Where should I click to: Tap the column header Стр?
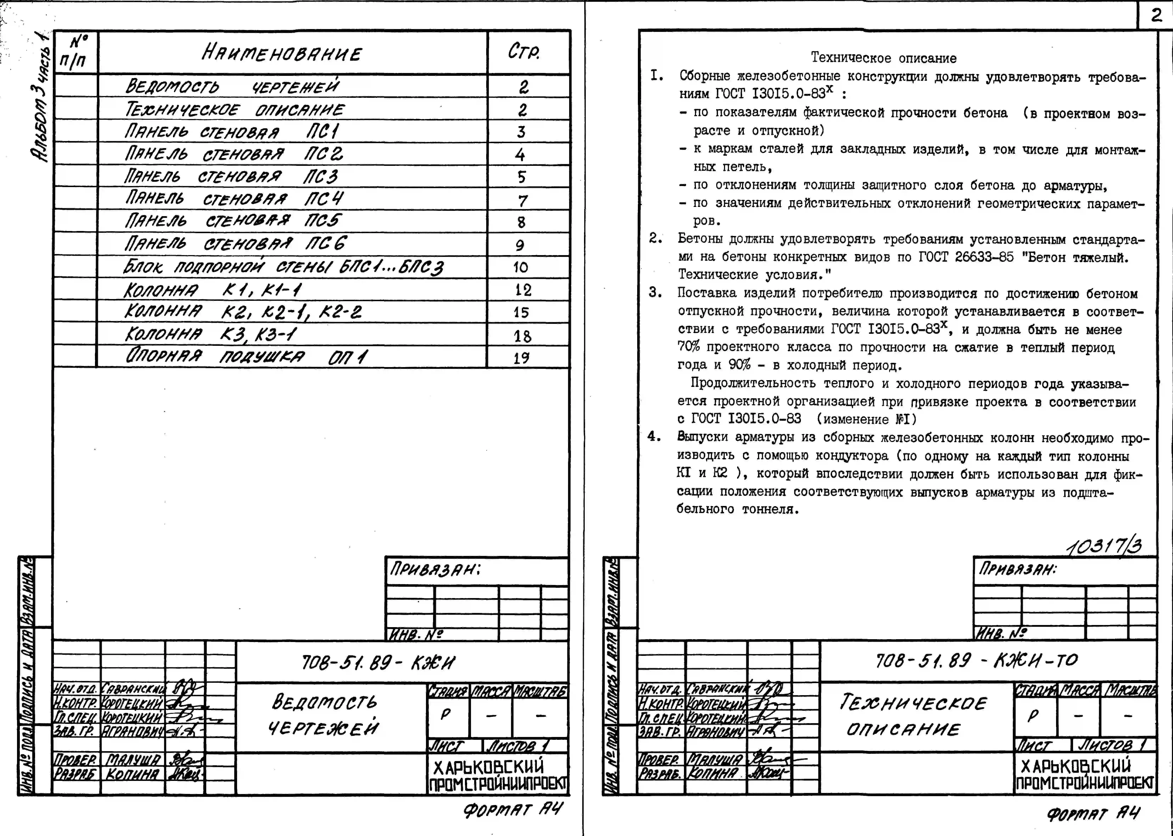(524, 52)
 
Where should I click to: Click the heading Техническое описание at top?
(884, 58)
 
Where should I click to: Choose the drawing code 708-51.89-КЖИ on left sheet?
(378, 663)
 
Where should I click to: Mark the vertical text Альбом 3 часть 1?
(41, 98)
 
